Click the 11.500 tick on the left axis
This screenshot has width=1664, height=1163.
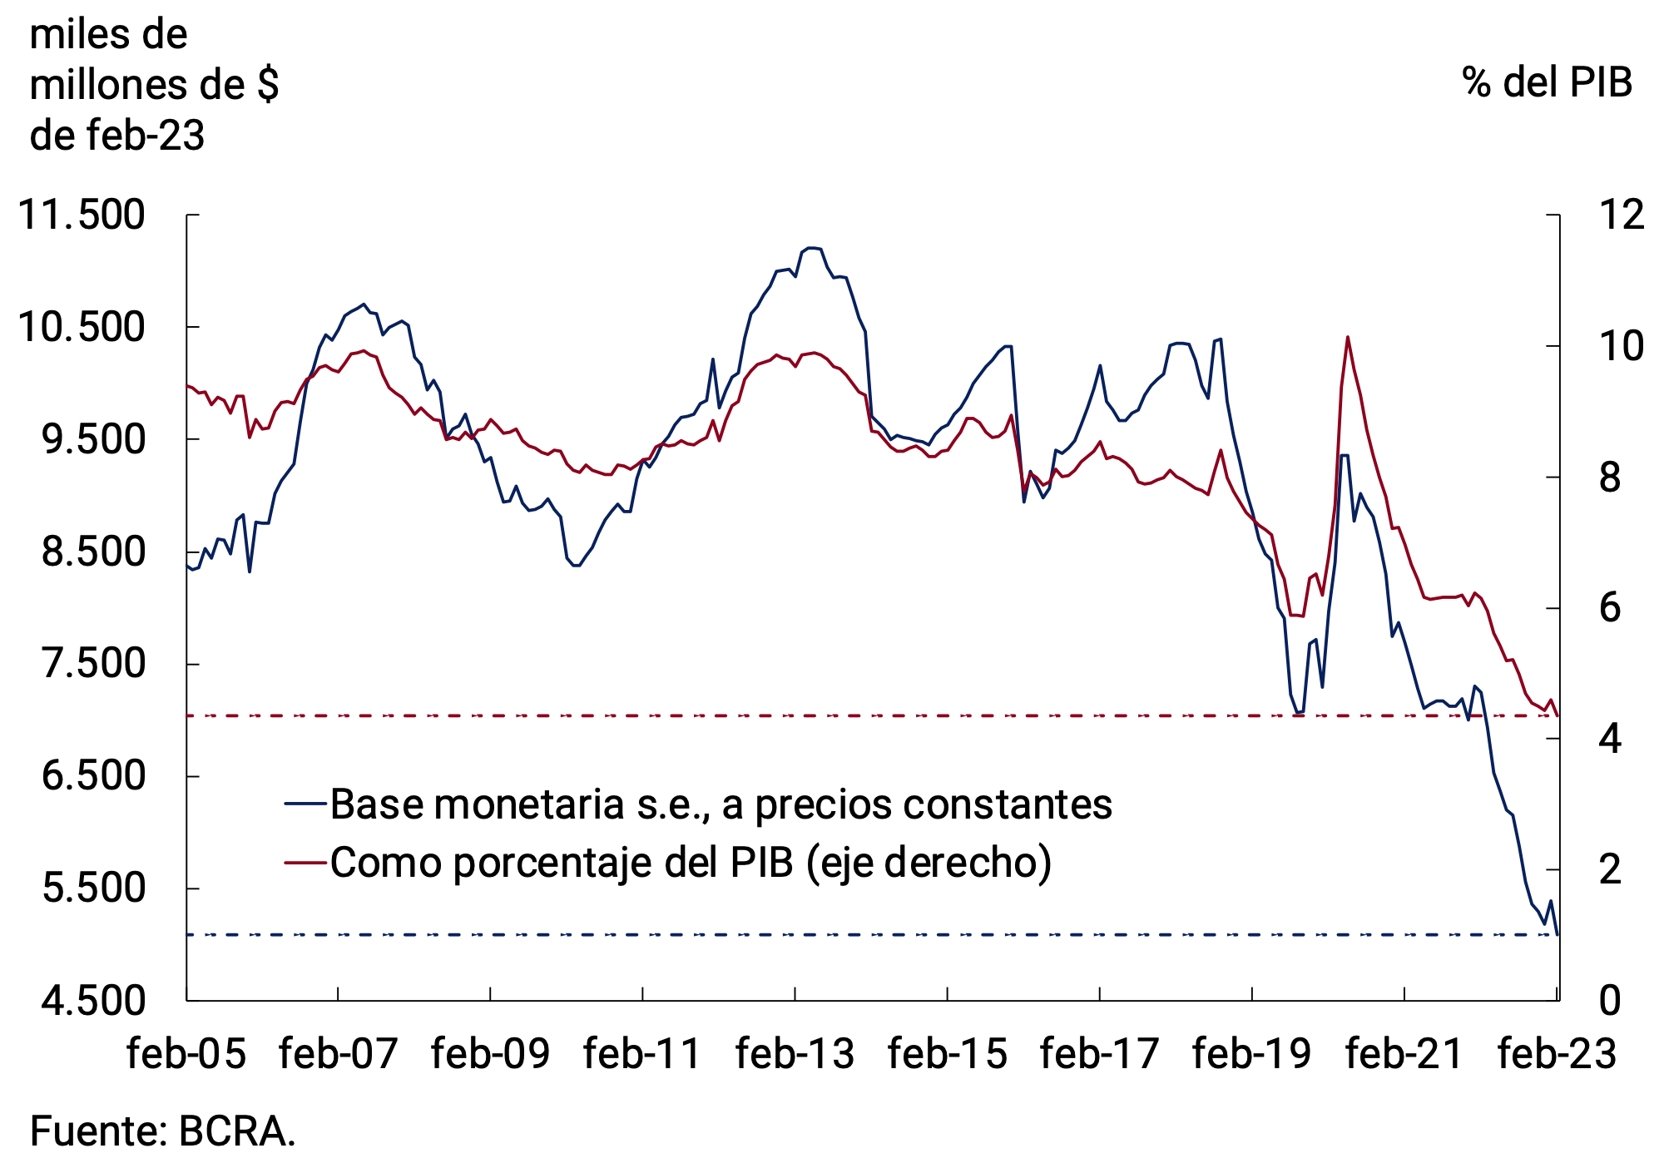coord(82,215)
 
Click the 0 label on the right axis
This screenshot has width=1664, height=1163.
coord(1611,1001)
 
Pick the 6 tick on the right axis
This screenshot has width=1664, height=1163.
coord(1611,608)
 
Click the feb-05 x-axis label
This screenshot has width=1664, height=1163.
coord(186,1054)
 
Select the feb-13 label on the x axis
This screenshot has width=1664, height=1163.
coord(795,1054)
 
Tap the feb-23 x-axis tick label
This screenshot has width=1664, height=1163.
coord(1557,1054)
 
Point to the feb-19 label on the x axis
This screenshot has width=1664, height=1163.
coord(1251,1054)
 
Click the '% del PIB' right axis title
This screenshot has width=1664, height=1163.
coord(1547,83)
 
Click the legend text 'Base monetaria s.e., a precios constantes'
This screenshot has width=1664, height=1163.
coord(721,804)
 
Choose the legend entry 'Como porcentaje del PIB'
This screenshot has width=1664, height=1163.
coord(691,863)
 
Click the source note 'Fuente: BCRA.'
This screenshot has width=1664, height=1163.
coord(163,1132)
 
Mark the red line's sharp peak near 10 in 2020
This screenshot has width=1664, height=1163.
coord(1347,337)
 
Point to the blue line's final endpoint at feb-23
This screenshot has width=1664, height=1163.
coord(1557,934)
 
